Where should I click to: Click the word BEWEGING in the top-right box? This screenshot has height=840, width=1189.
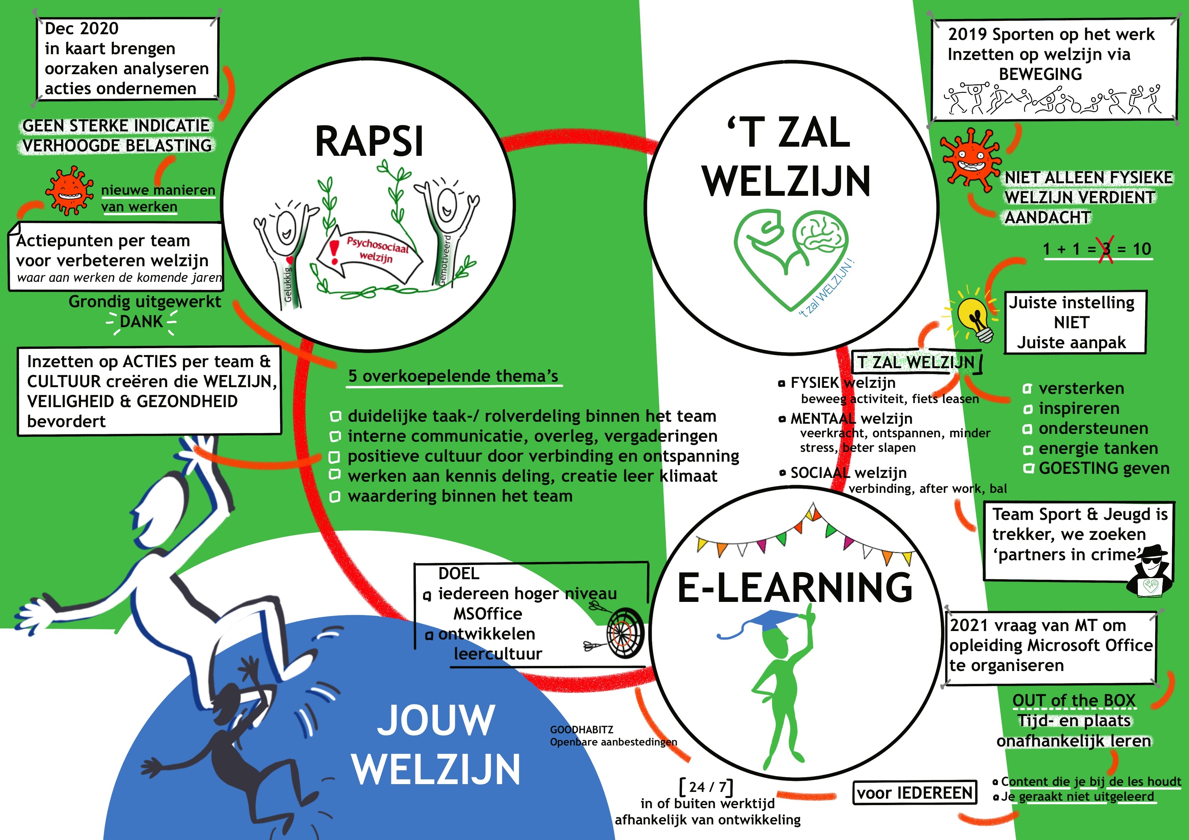point(1041,74)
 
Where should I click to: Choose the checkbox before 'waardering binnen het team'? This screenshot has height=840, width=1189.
point(335,497)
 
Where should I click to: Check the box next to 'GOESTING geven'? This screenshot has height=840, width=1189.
point(1028,469)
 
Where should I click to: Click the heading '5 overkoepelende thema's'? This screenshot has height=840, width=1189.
point(453,376)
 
